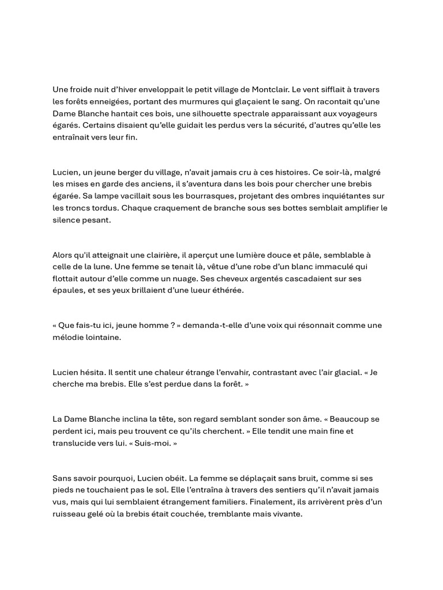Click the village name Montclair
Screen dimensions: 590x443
coord(266,90)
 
